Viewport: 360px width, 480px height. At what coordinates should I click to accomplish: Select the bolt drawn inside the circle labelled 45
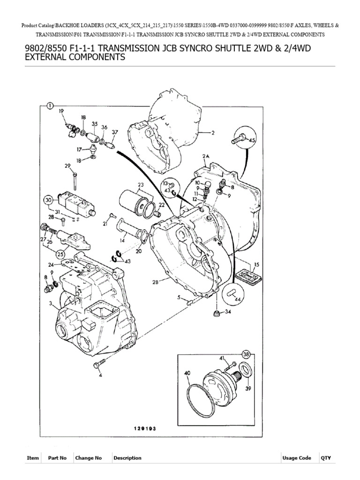coord(238,138)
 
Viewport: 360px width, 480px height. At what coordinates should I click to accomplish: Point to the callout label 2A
coord(206,156)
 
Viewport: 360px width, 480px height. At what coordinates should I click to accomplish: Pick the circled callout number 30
coord(48,201)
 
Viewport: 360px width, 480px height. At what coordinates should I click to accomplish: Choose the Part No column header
coord(57,458)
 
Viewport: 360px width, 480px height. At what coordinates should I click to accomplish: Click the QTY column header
coord(326,458)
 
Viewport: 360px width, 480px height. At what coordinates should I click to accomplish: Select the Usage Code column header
coord(296,458)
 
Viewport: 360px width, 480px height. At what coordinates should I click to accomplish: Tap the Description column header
coord(127,458)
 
